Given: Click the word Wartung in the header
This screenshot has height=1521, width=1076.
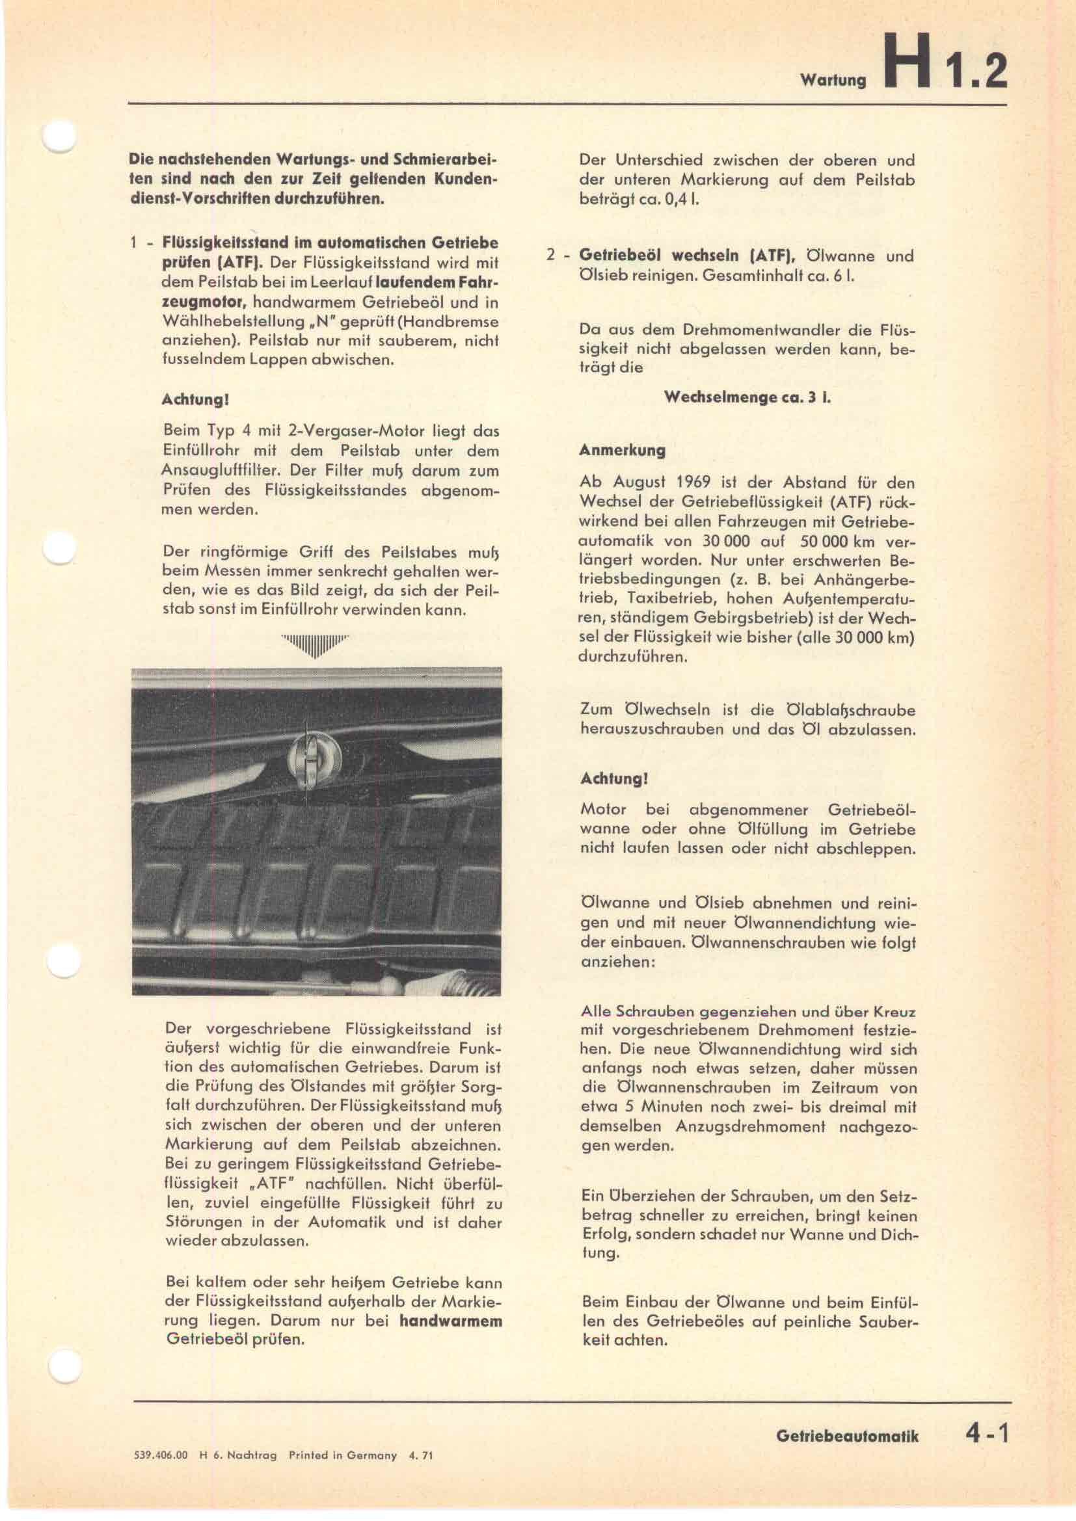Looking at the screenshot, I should coord(833,80).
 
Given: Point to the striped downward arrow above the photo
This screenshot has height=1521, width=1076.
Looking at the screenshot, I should coord(315,644).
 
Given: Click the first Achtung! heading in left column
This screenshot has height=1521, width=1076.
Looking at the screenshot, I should coord(195,400).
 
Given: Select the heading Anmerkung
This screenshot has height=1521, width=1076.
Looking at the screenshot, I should coord(622,451).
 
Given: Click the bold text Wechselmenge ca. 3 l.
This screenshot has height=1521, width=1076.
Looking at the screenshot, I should coord(747,397).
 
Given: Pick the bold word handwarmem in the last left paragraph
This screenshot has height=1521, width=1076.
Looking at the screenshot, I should coord(450,1320).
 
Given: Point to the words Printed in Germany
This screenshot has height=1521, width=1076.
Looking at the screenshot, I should coord(343,1455).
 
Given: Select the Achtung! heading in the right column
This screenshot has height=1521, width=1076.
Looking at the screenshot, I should coord(613,779).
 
